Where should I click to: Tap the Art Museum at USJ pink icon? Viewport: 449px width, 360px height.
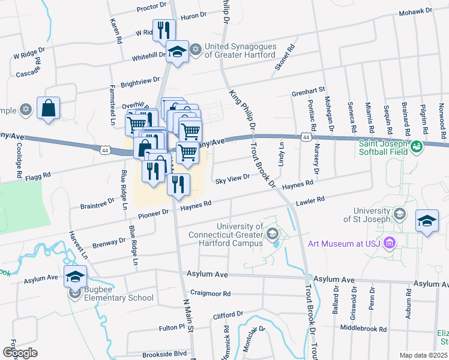390,243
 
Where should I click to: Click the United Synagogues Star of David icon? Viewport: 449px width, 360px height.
195,48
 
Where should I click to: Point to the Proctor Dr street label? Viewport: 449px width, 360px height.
151,8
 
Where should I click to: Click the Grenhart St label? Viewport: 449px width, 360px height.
308,93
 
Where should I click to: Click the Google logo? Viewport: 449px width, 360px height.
20,353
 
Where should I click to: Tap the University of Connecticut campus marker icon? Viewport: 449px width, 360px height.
273,233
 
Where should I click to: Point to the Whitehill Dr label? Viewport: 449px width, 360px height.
149,55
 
